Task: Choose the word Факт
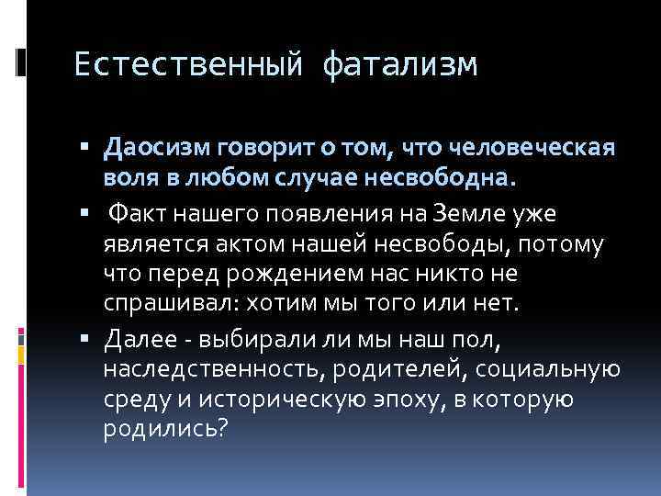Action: pos(138,214)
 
